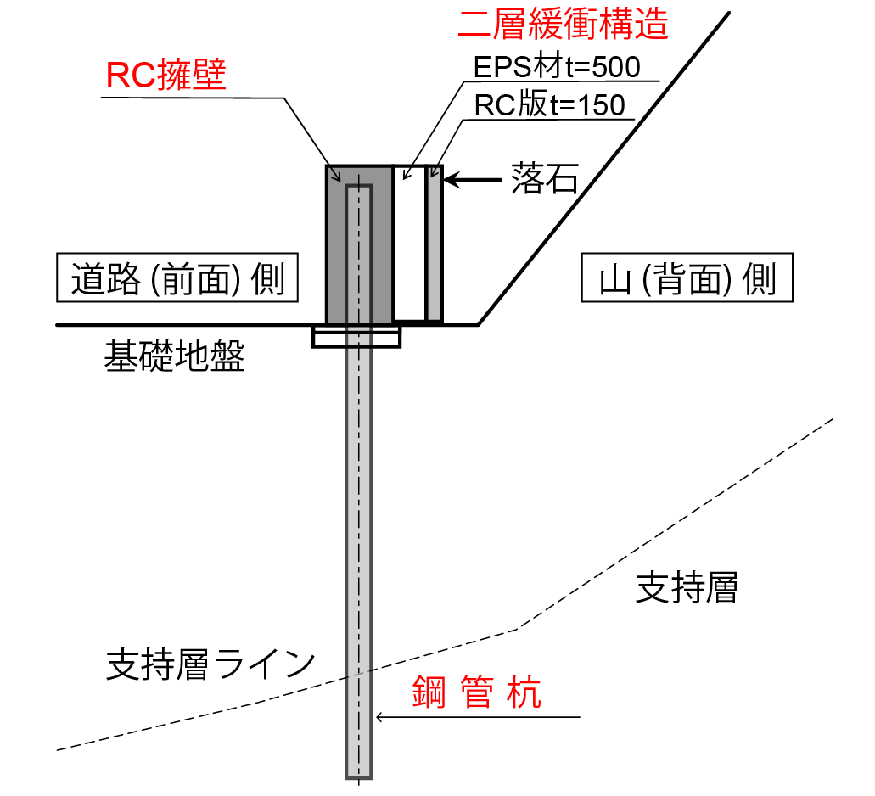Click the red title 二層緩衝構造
pyautogui.click(x=563, y=24)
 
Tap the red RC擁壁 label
pyautogui.click(x=165, y=74)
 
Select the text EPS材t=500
pyautogui.click(x=557, y=67)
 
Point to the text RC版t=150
pyautogui.click(x=549, y=104)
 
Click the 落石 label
pyautogui.click(x=545, y=179)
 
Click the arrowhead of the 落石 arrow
pyautogui.click(x=446, y=180)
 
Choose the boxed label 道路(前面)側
pyautogui.click(x=177, y=277)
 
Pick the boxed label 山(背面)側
pyautogui.click(x=687, y=277)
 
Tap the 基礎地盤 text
pyautogui.click(x=174, y=356)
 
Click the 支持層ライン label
pyautogui.click(x=211, y=664)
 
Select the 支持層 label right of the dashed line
pyautogui.click(x=687, y=587)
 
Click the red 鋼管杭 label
pyautogui.click(x=477, y=692)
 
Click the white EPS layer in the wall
pyautogui.click(x=410, y=244)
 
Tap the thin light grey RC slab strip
pyautogui.click(x=435, y=244)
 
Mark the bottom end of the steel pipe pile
pyautogui.click(x=358, y=777)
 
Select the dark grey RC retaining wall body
pyautogui.click(x=335, y=244)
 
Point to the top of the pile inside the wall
pyautogui.click(x=358, y=187)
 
